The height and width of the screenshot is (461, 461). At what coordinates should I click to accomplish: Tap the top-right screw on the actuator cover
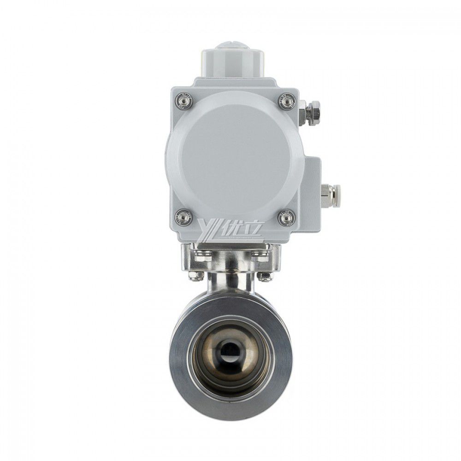[286, 100]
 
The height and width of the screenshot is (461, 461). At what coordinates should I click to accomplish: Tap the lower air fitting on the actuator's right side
[330, 190]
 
